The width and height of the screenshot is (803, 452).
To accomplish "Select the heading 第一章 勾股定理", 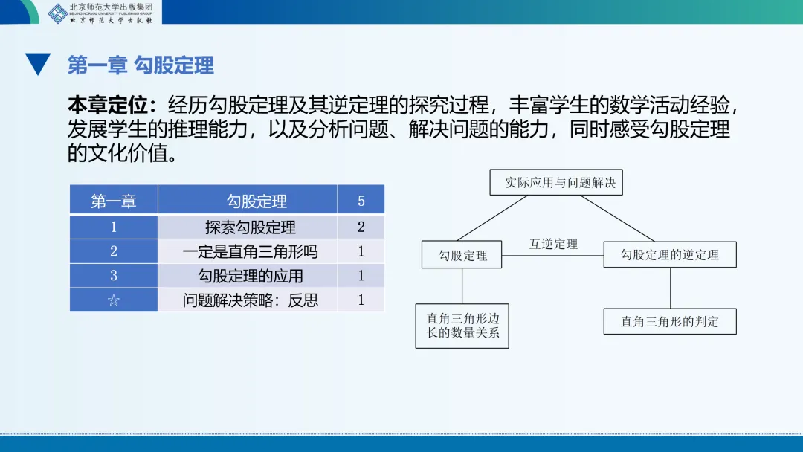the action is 141,65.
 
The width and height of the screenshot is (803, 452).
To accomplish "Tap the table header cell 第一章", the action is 113,201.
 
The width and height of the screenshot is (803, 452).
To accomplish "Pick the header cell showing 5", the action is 361,201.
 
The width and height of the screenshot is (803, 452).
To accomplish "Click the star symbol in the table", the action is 113,300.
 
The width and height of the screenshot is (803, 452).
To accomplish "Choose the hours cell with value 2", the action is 361,227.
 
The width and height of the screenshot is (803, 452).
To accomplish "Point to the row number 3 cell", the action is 113,276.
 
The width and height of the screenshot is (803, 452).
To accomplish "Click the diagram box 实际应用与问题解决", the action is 556,182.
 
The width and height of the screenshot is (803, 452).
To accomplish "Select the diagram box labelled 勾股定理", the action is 462,255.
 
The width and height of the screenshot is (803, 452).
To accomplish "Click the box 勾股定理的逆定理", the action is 670,255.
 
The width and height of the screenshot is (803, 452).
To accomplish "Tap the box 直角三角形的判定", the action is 670,322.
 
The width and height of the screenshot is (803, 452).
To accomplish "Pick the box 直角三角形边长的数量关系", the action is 462,326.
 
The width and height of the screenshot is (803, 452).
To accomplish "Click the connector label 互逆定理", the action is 553,244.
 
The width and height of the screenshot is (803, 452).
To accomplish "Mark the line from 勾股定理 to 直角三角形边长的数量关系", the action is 462,286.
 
